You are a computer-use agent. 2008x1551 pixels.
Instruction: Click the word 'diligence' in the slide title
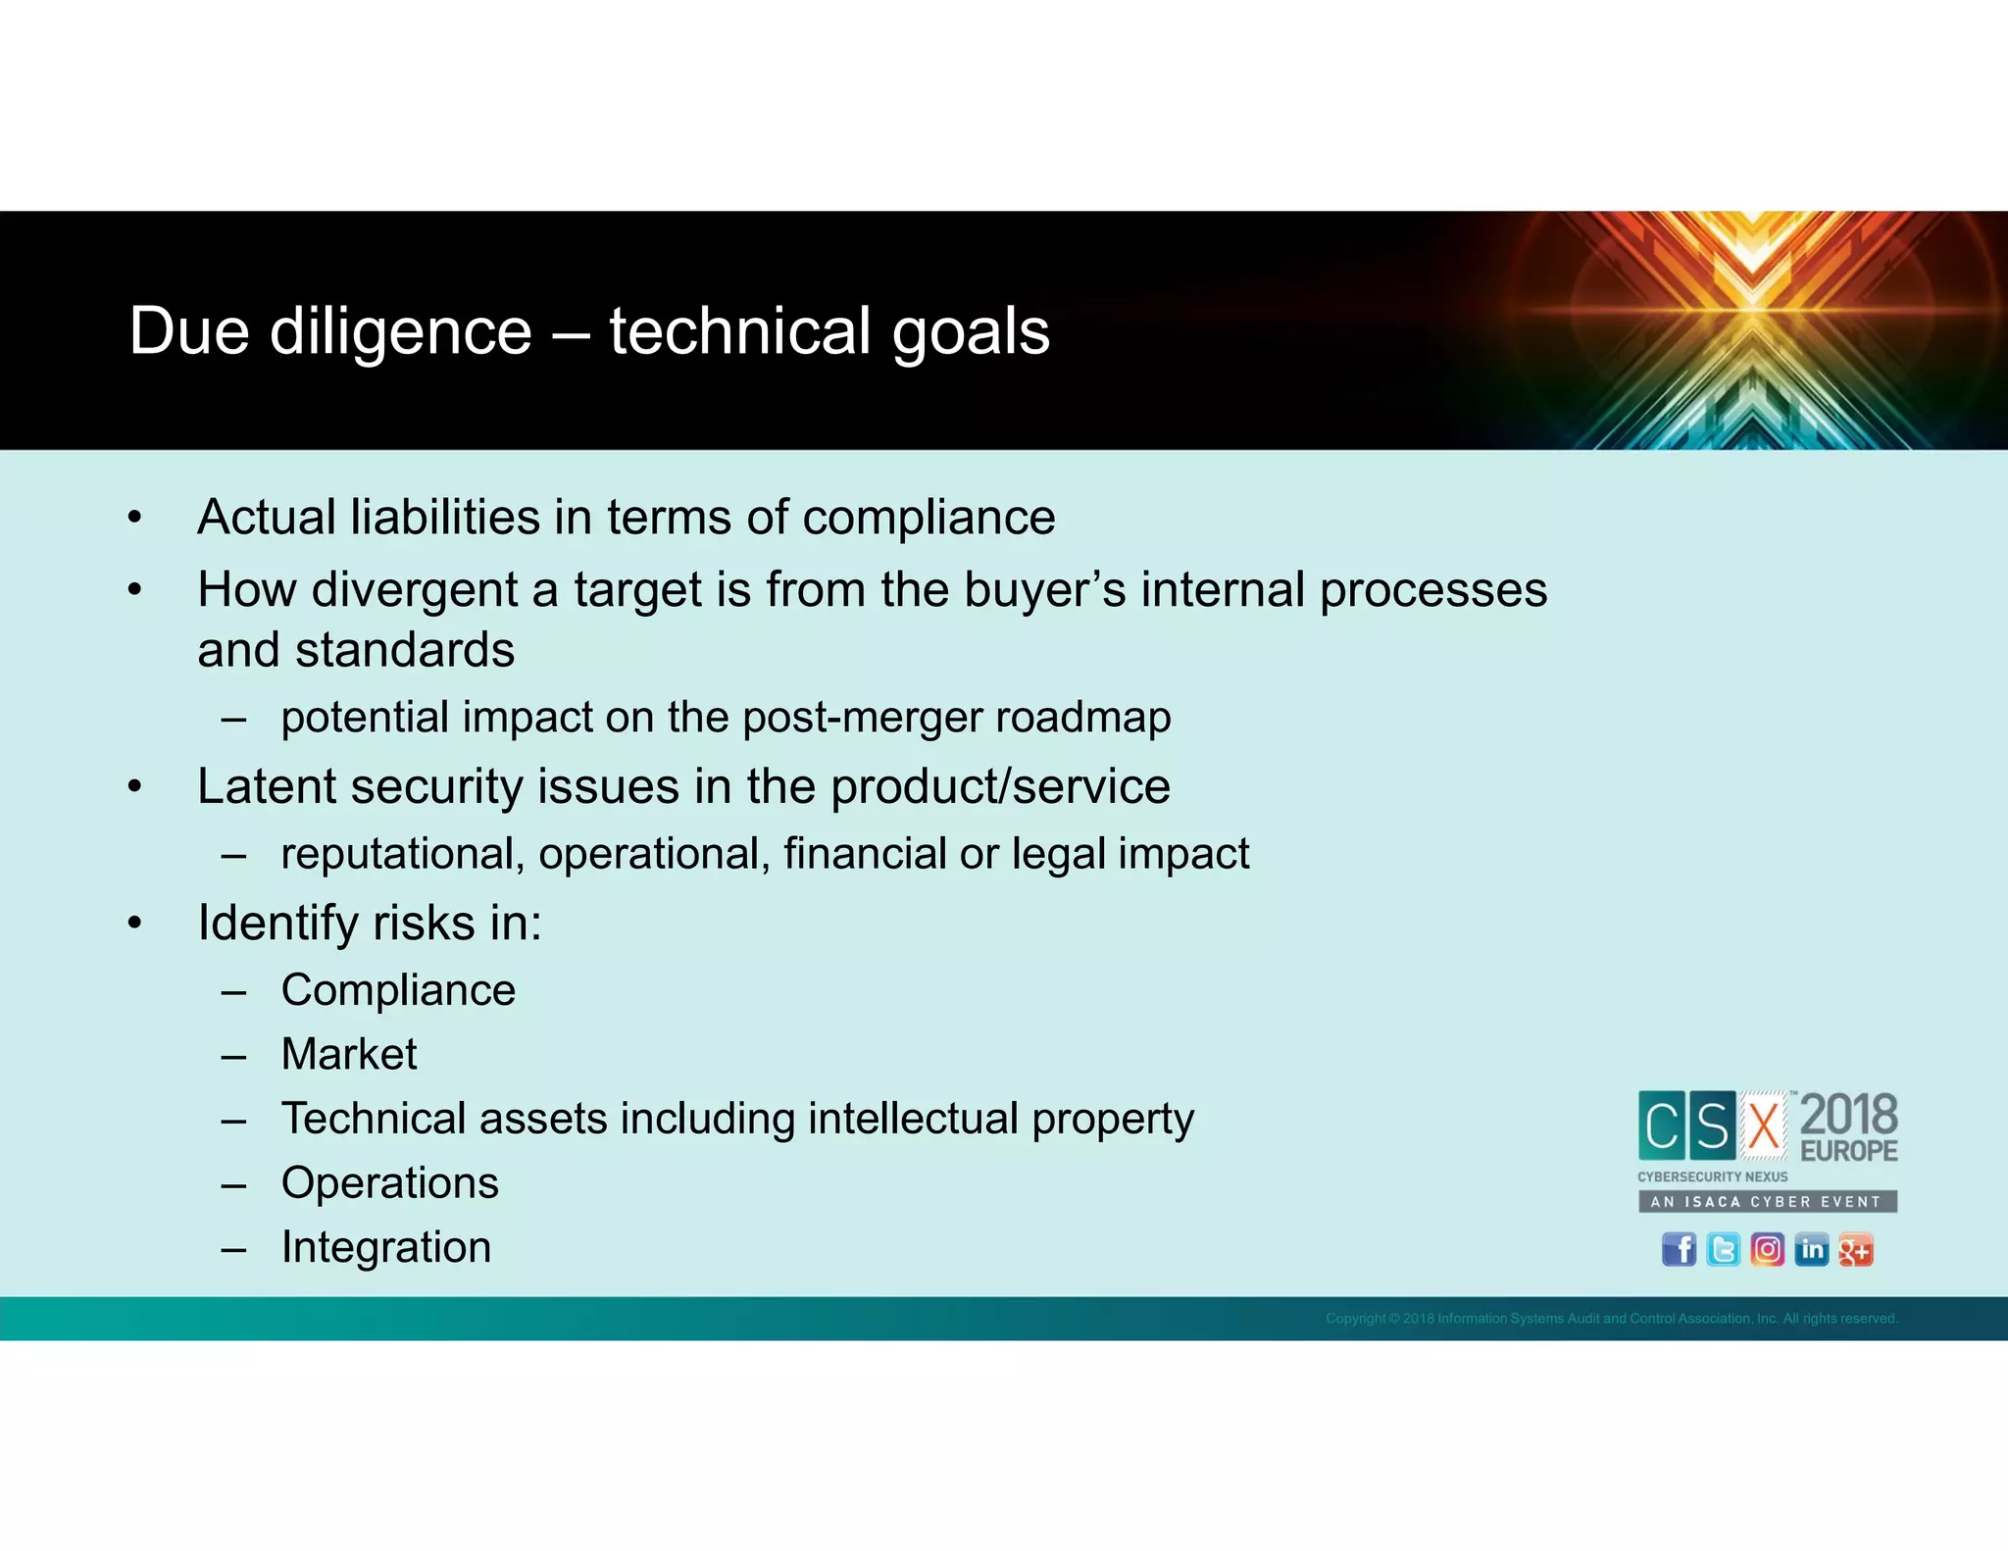click(400, 331)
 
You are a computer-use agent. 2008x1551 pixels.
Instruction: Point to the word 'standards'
click(405, 650)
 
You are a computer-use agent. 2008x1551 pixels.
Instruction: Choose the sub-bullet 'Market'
click(349, 1055)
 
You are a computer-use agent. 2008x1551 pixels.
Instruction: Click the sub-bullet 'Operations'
click(389, 1183)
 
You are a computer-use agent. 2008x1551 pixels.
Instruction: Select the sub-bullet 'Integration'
click(385, 1247)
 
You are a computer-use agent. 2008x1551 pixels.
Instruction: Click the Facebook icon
click(1679, 1250)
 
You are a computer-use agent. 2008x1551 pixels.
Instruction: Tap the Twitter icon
click(1723, 1250)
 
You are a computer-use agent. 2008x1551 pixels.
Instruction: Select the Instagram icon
click(1767, 1250)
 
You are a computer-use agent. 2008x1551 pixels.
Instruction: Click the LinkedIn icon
click(1811, 1250)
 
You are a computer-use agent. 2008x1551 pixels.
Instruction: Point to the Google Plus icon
click(1855, 1250)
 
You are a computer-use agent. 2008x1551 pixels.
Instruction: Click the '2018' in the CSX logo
click(1848, 1116)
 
